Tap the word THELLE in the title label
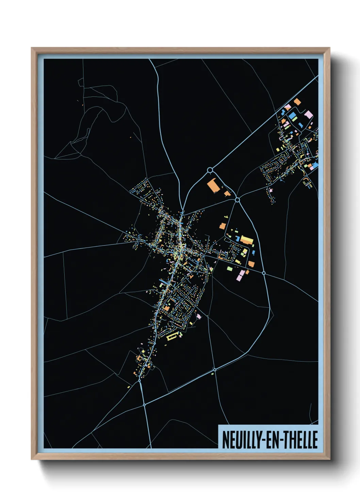301,440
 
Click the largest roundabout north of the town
210,170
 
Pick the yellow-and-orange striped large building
247,240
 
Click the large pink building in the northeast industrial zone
308,114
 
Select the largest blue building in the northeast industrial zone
293,116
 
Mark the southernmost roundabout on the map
144,405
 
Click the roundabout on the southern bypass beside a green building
214,369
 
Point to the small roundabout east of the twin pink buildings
264,273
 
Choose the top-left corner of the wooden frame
32,48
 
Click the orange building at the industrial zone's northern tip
297,101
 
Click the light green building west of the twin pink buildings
230,269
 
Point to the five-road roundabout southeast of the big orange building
238,200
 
